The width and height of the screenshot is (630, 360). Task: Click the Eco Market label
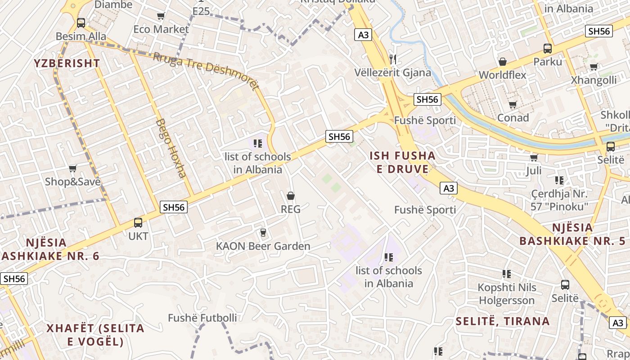161,29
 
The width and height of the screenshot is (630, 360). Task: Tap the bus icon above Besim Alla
81,22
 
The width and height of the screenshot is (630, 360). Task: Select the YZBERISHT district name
67,63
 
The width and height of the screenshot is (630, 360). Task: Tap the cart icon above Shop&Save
73,169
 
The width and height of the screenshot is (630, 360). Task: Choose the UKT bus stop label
138,236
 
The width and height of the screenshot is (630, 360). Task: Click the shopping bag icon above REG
291,196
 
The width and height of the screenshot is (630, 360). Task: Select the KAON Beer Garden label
263,246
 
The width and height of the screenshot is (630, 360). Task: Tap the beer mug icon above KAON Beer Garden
263,233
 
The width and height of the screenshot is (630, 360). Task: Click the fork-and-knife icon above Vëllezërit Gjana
393,59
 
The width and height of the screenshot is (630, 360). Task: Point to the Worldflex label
503,75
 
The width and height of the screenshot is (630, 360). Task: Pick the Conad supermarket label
513,118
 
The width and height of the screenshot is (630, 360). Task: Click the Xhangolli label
594,80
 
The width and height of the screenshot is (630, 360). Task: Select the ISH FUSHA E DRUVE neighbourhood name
403,162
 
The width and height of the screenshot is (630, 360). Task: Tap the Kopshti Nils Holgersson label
507,294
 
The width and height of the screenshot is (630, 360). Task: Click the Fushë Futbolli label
202,318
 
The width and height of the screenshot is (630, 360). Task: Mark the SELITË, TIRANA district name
503,321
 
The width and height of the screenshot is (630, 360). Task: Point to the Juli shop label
534,171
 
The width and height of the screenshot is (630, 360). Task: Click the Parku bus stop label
548,62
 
